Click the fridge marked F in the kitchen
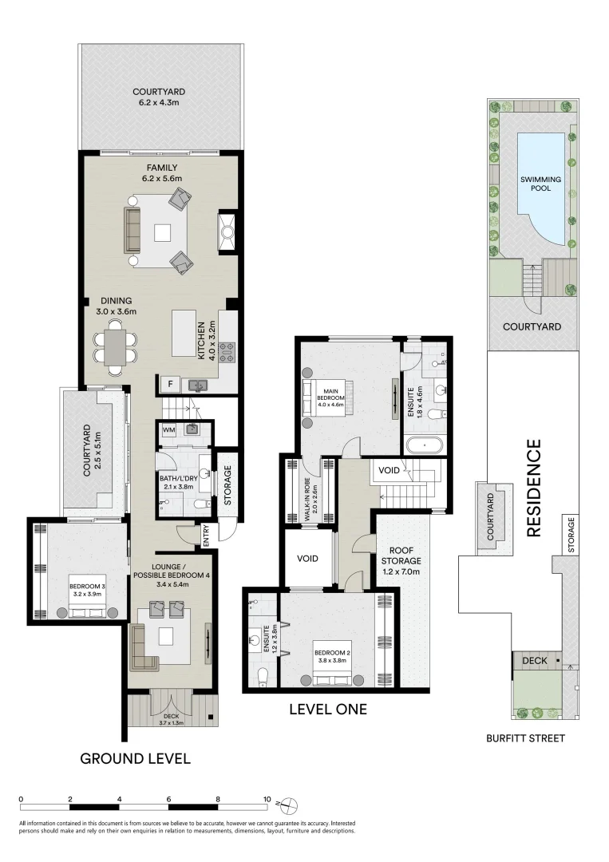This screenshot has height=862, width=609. click(169, 385)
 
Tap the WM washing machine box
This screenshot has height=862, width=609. click(168, 430)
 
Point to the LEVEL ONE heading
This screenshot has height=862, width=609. click(327, 709)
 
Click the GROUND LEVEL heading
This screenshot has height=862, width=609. click(135, 758)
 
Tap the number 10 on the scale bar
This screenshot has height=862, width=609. click(267, 798)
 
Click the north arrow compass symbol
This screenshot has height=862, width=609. click(289, 804)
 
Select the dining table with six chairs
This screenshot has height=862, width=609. click(117, 348)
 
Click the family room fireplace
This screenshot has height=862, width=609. click(227, 232)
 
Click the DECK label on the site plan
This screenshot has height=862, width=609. click(534, 661)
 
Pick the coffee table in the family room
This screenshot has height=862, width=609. click(163, 232)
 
